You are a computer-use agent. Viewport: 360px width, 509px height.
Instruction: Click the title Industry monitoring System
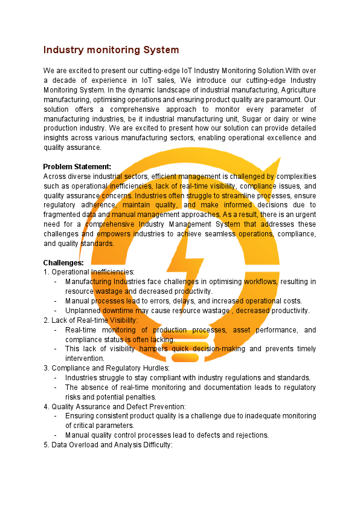(x=111, y=50)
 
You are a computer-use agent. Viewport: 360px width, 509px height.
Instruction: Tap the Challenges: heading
(x=63, y=263)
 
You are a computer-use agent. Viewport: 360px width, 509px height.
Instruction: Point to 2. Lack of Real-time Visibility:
(x=91, y=320)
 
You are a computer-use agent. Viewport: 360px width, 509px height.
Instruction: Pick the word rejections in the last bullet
(x=252, y=435)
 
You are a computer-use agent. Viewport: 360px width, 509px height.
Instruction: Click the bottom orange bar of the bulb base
(x=181, y=358)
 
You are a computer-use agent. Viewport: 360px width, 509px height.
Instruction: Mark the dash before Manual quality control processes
(x=56, y=435)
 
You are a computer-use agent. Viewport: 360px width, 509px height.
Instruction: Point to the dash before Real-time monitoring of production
(x=56, y=330)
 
